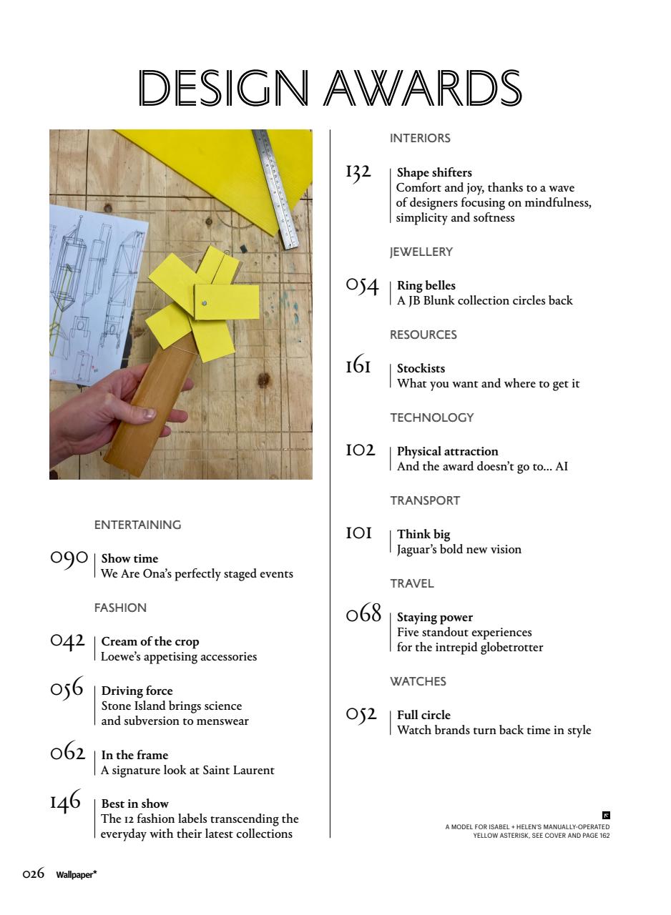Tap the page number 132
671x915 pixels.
pos(358,172)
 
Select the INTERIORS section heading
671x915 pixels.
pos(420,138)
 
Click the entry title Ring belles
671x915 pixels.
pos(426,285)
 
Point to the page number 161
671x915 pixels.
pos(358,367)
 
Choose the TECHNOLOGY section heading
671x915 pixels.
pos(431,417)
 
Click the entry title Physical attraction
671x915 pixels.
pos(447,451)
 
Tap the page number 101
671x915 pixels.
pos(359,533)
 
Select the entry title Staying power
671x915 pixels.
pos(435,617)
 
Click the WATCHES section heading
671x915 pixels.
pos(418,681)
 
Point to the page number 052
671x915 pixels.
pos(361,714)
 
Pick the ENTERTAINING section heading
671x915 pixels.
pos(137,525)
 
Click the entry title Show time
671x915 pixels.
pos(129,558)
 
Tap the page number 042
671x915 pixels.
pos(67,640)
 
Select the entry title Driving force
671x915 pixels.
pos(137,691)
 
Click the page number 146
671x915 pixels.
pos(65,803)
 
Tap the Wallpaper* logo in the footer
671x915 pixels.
pos(77,874)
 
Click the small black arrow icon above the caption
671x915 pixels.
pos(606,815)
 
